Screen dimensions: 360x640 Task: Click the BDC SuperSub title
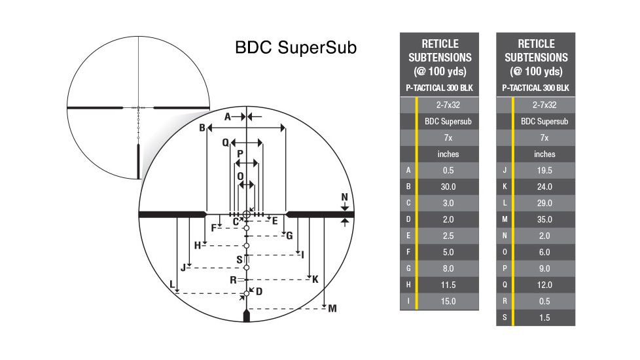coord(296,49)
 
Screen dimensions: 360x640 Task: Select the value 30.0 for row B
coord(448,187)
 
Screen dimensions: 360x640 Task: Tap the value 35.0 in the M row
coord(544,219)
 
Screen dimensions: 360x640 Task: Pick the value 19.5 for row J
coord(544,170)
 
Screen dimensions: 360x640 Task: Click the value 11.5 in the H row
coord(448,285)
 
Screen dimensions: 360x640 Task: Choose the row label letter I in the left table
coord(408,301)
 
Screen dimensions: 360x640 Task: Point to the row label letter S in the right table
coord(505,317)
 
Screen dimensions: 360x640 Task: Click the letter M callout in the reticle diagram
coord(332,308)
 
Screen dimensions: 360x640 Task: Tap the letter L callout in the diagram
coord(172,285)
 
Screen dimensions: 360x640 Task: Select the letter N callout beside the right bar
coord(345,198)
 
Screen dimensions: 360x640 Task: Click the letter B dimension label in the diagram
coord(202,127)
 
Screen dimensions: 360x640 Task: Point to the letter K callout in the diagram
coord(315,279)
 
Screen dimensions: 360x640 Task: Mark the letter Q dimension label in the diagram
coord(226,142)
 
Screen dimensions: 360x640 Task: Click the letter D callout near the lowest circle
coord(259,291)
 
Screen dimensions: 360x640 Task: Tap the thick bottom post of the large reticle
coord(247,316)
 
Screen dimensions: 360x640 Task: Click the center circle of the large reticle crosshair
coord(247,214)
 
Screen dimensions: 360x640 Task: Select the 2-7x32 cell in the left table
coord(448,105)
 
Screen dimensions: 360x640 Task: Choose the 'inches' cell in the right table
coord(544,154)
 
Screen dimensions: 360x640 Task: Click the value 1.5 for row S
coord(544,317)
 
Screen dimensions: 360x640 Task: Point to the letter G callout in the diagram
coord(289,236)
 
